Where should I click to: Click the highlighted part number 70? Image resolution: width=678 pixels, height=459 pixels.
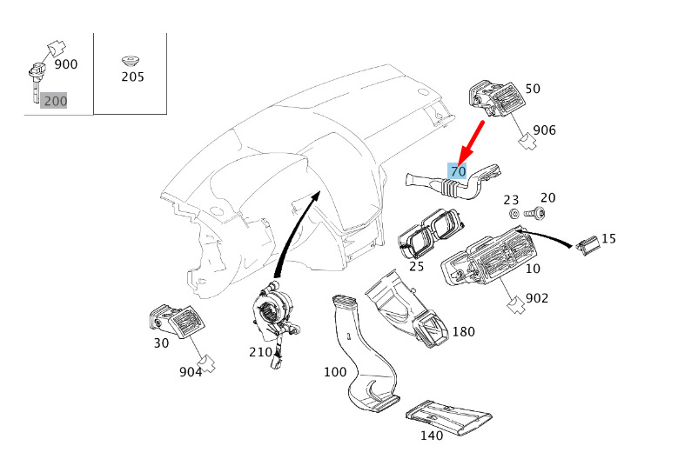pos(458,171)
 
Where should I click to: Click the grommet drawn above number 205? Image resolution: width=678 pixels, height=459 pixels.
pos(131,61)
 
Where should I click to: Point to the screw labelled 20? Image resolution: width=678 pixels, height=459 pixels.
pos(534,213)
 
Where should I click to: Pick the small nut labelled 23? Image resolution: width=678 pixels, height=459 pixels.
pos(514,213)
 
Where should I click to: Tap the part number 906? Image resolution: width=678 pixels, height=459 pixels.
pos(544,130)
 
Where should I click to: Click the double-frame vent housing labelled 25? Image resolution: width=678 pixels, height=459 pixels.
pos(431,233)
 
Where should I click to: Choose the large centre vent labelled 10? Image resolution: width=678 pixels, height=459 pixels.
pos(487,257)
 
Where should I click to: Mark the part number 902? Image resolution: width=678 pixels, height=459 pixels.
pos(537,298)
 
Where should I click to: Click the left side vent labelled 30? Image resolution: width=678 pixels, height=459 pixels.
pos(178,322)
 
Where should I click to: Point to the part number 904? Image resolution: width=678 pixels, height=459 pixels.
pos(191,372)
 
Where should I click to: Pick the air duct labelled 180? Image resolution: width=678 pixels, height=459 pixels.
pos(406,309)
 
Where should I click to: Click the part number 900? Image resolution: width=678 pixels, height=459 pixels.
pos(66,64)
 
